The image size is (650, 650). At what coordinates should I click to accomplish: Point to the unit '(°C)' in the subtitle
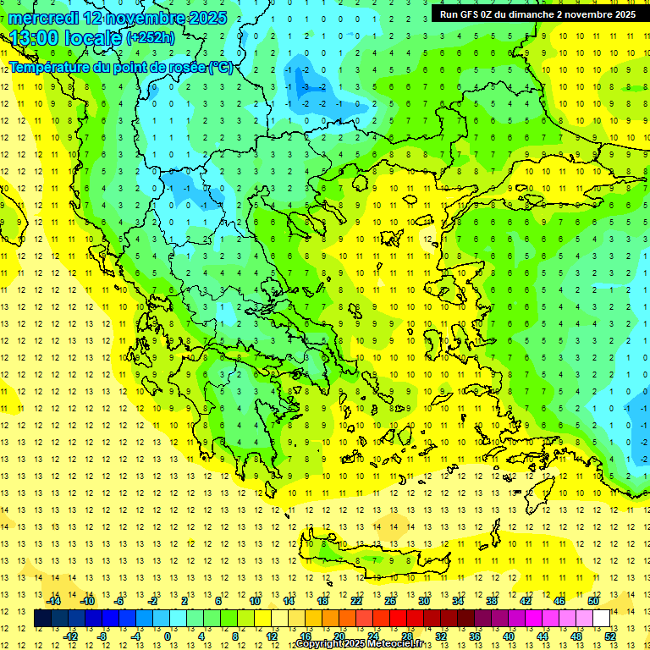(220, 67)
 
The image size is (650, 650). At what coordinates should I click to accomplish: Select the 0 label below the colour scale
(167, 636)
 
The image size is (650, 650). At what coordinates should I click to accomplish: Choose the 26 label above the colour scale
(390, 601)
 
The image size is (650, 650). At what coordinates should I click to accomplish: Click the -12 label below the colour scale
(71, 636)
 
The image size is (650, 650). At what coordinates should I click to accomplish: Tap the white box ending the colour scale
(601, 618)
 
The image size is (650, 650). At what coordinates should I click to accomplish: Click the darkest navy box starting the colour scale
(42, 618)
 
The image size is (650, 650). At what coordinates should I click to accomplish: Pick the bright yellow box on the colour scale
(262, 618)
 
